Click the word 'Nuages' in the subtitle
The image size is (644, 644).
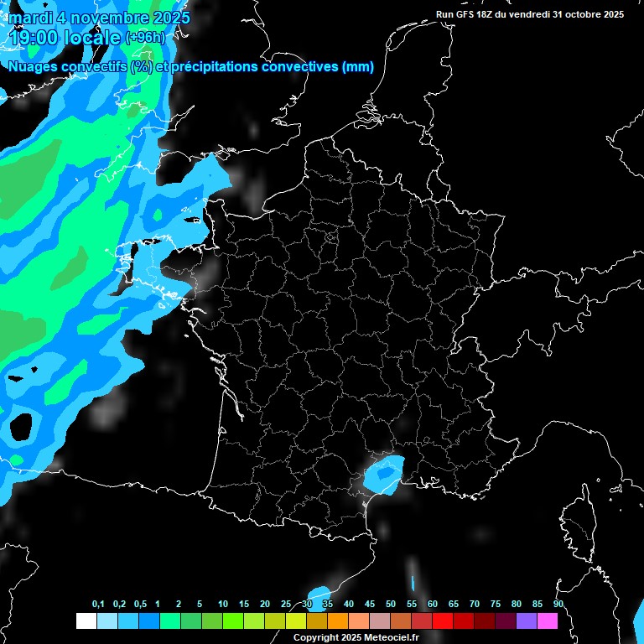click(x=33, y=66)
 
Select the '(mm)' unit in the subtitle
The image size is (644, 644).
click(x=358, y=66)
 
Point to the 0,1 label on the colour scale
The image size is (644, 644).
click(x=98, y=605)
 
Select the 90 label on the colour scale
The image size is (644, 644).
click(x=558, y=605)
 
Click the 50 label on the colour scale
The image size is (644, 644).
click(x=391, y=605)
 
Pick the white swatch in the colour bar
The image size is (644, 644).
click(x=86, y=621)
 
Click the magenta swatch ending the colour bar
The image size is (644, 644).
click(x=547, y=621)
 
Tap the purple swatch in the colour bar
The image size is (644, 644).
click(x=526, y=621)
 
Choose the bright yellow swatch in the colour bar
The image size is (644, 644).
click(x=295, y=621)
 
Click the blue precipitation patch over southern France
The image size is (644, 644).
click(x=384, y=475)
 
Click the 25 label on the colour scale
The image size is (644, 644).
click(x=286, y=605)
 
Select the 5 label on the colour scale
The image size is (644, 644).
click(x=200, y=605)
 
